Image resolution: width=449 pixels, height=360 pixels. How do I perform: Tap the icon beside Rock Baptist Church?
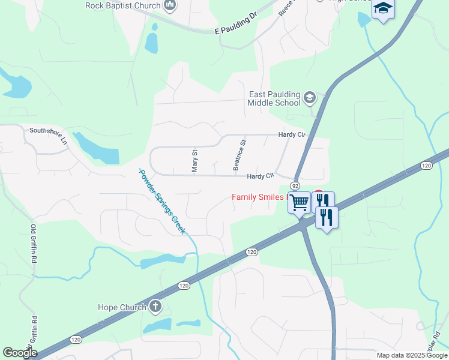pos(170,6)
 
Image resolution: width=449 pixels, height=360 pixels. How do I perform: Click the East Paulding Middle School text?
pos(274,98)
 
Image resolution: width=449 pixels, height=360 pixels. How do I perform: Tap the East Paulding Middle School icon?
pos(310,98)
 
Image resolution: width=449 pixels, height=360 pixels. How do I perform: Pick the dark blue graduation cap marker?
pos(382,9)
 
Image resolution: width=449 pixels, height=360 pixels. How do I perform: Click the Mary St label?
pos(194,161)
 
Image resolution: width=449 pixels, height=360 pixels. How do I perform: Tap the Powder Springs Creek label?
pos(162,201)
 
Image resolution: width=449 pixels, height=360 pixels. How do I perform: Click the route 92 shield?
pos(295,185)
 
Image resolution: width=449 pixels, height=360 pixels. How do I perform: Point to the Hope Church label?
pos(122,308)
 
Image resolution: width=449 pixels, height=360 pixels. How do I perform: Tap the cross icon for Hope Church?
pos(155,307)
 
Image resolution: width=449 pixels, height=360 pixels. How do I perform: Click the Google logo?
pos(20,353)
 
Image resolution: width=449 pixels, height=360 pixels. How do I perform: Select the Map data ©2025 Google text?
pos(411,355)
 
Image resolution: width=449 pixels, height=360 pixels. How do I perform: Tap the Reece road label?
pos(286,8)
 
